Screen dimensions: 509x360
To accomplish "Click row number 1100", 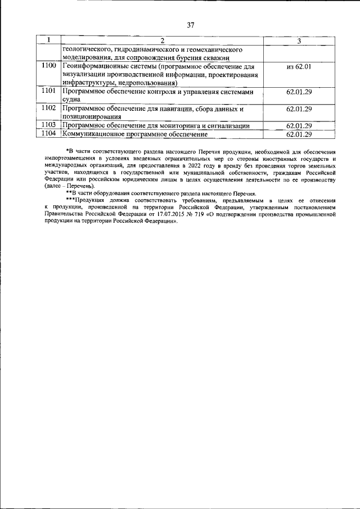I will click(x=49, y=66).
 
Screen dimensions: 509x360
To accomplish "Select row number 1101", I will click(x=49, y=91).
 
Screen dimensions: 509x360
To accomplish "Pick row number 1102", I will click(x=49, y=108).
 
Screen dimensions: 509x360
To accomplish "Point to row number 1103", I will click(x=49, y=125).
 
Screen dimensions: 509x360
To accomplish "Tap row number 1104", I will click(x=49, y=134).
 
